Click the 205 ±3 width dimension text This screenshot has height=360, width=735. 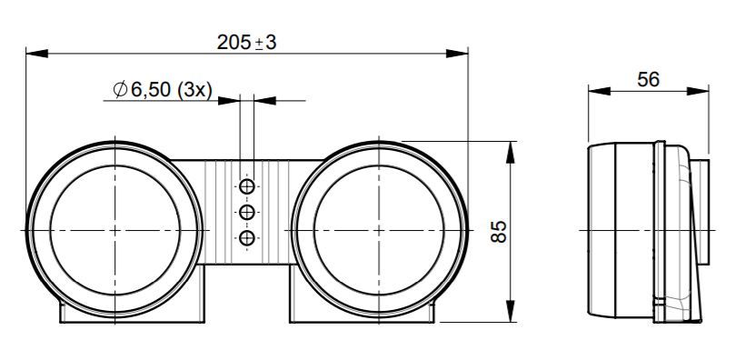pos(246,43)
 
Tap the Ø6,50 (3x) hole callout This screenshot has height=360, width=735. pos(163,89)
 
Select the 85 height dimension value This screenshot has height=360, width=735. pos(499,231)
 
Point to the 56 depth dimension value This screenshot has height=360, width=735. pos(649,80)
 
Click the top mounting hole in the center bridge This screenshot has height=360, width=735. pos(246,186)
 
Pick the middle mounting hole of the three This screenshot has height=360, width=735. pos(246,213)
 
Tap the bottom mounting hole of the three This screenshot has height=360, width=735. pos(246,238)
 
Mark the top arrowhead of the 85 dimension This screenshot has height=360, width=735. pos(511,152)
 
